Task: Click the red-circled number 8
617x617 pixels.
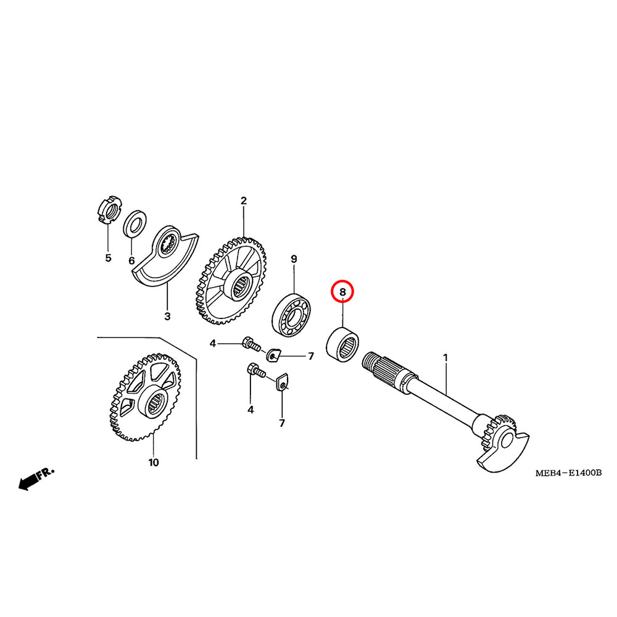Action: tap(342, 290)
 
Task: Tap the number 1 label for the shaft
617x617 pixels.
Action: tap(445, 357)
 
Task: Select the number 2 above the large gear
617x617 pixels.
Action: tap(243, 201)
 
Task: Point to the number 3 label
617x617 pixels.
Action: tap(167, 317)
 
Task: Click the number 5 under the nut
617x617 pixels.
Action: tap(108, 258)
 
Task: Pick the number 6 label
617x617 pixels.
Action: tap(131, 261)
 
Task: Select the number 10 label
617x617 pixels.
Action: tap(153, 462)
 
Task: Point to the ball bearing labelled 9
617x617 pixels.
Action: tap(292, 313)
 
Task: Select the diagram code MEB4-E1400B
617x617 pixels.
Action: tap(568, 473)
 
